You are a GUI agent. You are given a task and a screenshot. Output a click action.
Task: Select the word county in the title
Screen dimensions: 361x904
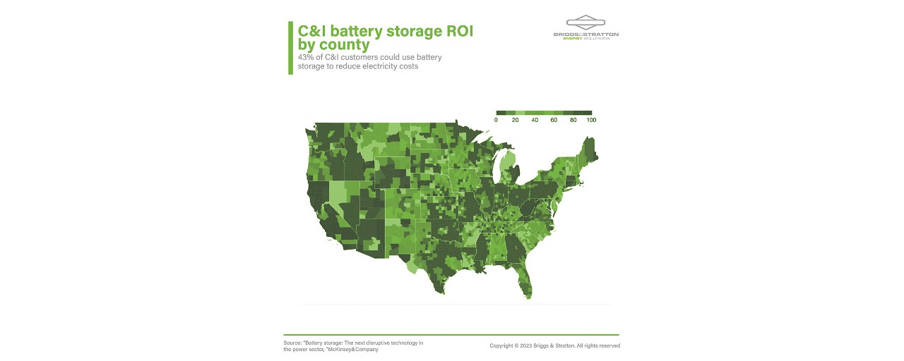[x=344, y=46]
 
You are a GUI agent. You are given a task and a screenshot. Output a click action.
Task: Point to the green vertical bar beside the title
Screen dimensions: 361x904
[x=290, y=47]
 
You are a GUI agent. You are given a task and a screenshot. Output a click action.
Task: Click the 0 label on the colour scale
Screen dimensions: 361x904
[x=496, y=121]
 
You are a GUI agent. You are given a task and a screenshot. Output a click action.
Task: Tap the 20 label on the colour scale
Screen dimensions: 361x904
[x=515, y=121]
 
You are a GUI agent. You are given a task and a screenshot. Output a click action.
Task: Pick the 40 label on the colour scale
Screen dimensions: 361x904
[x=535, y=121]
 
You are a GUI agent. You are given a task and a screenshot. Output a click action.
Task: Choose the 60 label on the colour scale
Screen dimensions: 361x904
[x=554, y=121]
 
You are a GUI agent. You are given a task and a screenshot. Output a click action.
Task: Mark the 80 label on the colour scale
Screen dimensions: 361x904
[x=573, y=121]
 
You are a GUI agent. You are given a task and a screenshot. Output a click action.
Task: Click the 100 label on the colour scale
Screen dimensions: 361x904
[x=591, y=121]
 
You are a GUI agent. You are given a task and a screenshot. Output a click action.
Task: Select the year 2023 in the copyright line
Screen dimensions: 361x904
[x=525, y=346]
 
